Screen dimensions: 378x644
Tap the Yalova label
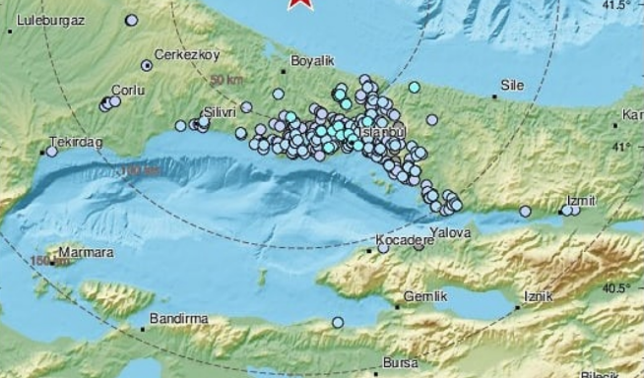tap(448, 233)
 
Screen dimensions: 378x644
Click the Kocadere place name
tap(400, 240)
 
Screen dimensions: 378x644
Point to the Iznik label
tap(540, 296)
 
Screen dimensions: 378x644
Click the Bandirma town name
tap(175, 319)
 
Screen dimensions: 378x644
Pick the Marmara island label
tap(86, 252)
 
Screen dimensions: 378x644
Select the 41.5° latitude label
tap(615, 6)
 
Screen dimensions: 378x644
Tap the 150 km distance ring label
tap(43, 261)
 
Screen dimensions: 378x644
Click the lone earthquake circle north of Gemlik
tap(337, 322)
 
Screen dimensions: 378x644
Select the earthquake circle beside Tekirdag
tap(52, 151)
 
